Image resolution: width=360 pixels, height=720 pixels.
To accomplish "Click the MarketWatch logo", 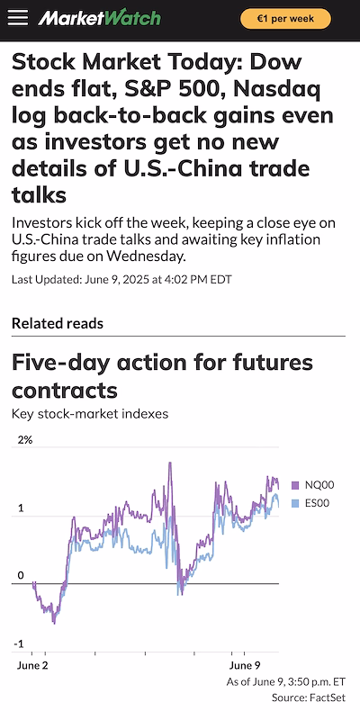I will click(x=100, y=18).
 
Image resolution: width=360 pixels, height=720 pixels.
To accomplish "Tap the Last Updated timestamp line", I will click(x=121, y=279).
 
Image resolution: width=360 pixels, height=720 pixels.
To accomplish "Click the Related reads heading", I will click(x=57, y=323).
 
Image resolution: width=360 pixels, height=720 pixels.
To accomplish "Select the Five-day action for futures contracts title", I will click(x=162, y=376).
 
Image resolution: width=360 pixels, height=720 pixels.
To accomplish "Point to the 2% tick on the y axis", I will click(x=25, y=440).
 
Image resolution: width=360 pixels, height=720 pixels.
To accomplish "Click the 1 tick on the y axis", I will click(x=21, y=508).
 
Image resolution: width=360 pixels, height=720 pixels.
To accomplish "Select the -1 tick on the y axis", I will click(x=19, y=644).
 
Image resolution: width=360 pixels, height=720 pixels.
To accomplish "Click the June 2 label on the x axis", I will click(x=33, y=666).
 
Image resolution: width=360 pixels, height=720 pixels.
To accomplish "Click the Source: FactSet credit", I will click(x=309, y=698).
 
